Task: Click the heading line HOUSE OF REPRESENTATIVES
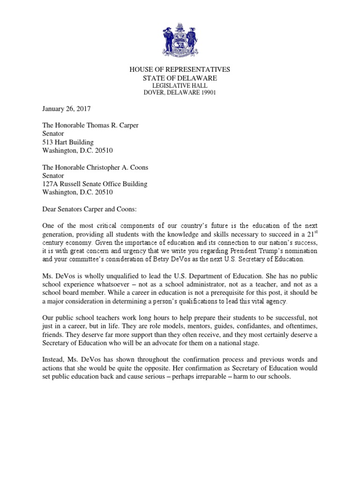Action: [180, 70]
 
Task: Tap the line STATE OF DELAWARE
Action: [180, 78]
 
